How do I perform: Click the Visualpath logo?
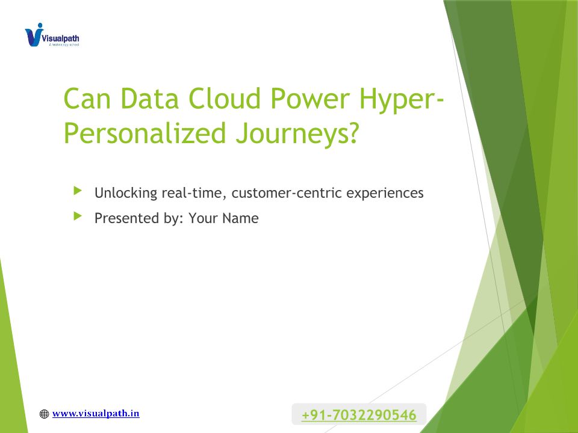(52, 35)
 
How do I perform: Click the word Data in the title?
(149, 99)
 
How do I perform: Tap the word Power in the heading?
(310, 99)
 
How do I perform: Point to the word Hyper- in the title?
(402, 99)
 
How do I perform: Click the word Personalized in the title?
(145, 134)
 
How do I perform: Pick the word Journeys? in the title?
(297, 134)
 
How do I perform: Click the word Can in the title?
(87, 99)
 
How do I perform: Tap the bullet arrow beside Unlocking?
(78, 191)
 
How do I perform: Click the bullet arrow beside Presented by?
(78, 216)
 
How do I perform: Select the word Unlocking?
(126, 193)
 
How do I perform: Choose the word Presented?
(127, 218)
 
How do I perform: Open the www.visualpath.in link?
(96, 414)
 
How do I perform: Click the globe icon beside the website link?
(44, 414)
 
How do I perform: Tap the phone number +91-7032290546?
(359, 415)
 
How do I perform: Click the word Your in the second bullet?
(204, 218)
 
